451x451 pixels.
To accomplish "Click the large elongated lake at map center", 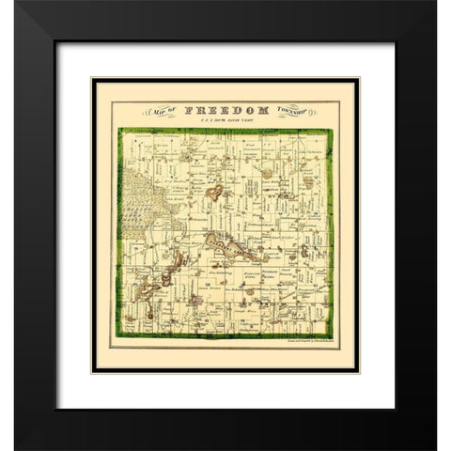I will point(226,247).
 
